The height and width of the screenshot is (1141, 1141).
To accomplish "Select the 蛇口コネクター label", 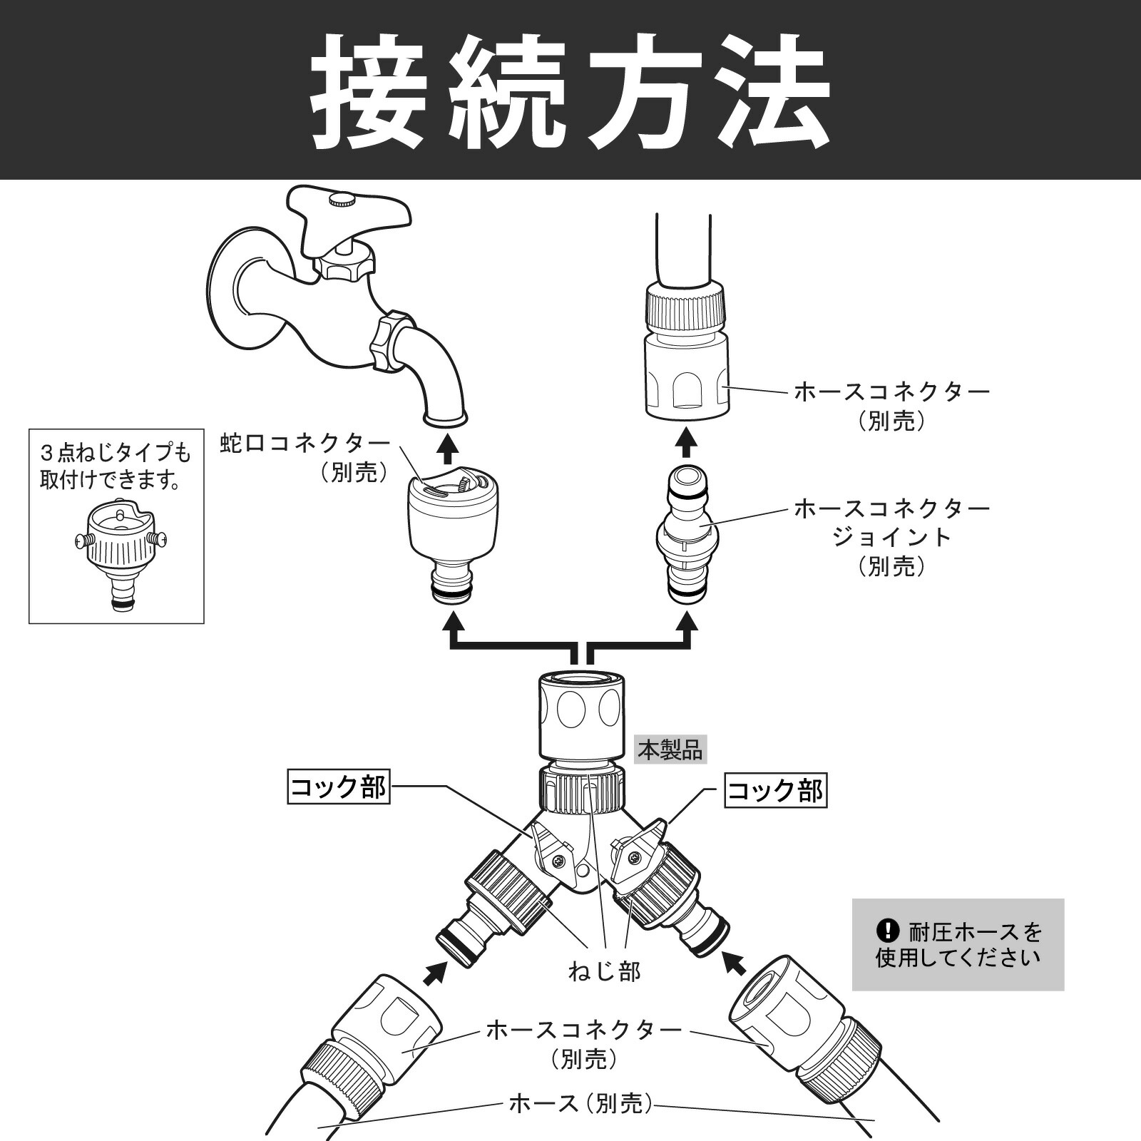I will pos(305,444).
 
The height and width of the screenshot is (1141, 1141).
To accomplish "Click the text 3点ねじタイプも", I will pos(116,453).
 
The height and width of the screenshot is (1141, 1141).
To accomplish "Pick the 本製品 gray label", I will pos(670,750).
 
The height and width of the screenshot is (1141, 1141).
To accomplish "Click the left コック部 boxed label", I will pos(339,787).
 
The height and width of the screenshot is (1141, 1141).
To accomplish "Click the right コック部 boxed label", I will pos(776,791).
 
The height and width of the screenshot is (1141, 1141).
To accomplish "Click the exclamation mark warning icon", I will pos(887,931).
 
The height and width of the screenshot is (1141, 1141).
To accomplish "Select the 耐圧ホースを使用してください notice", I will pos(958,944).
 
